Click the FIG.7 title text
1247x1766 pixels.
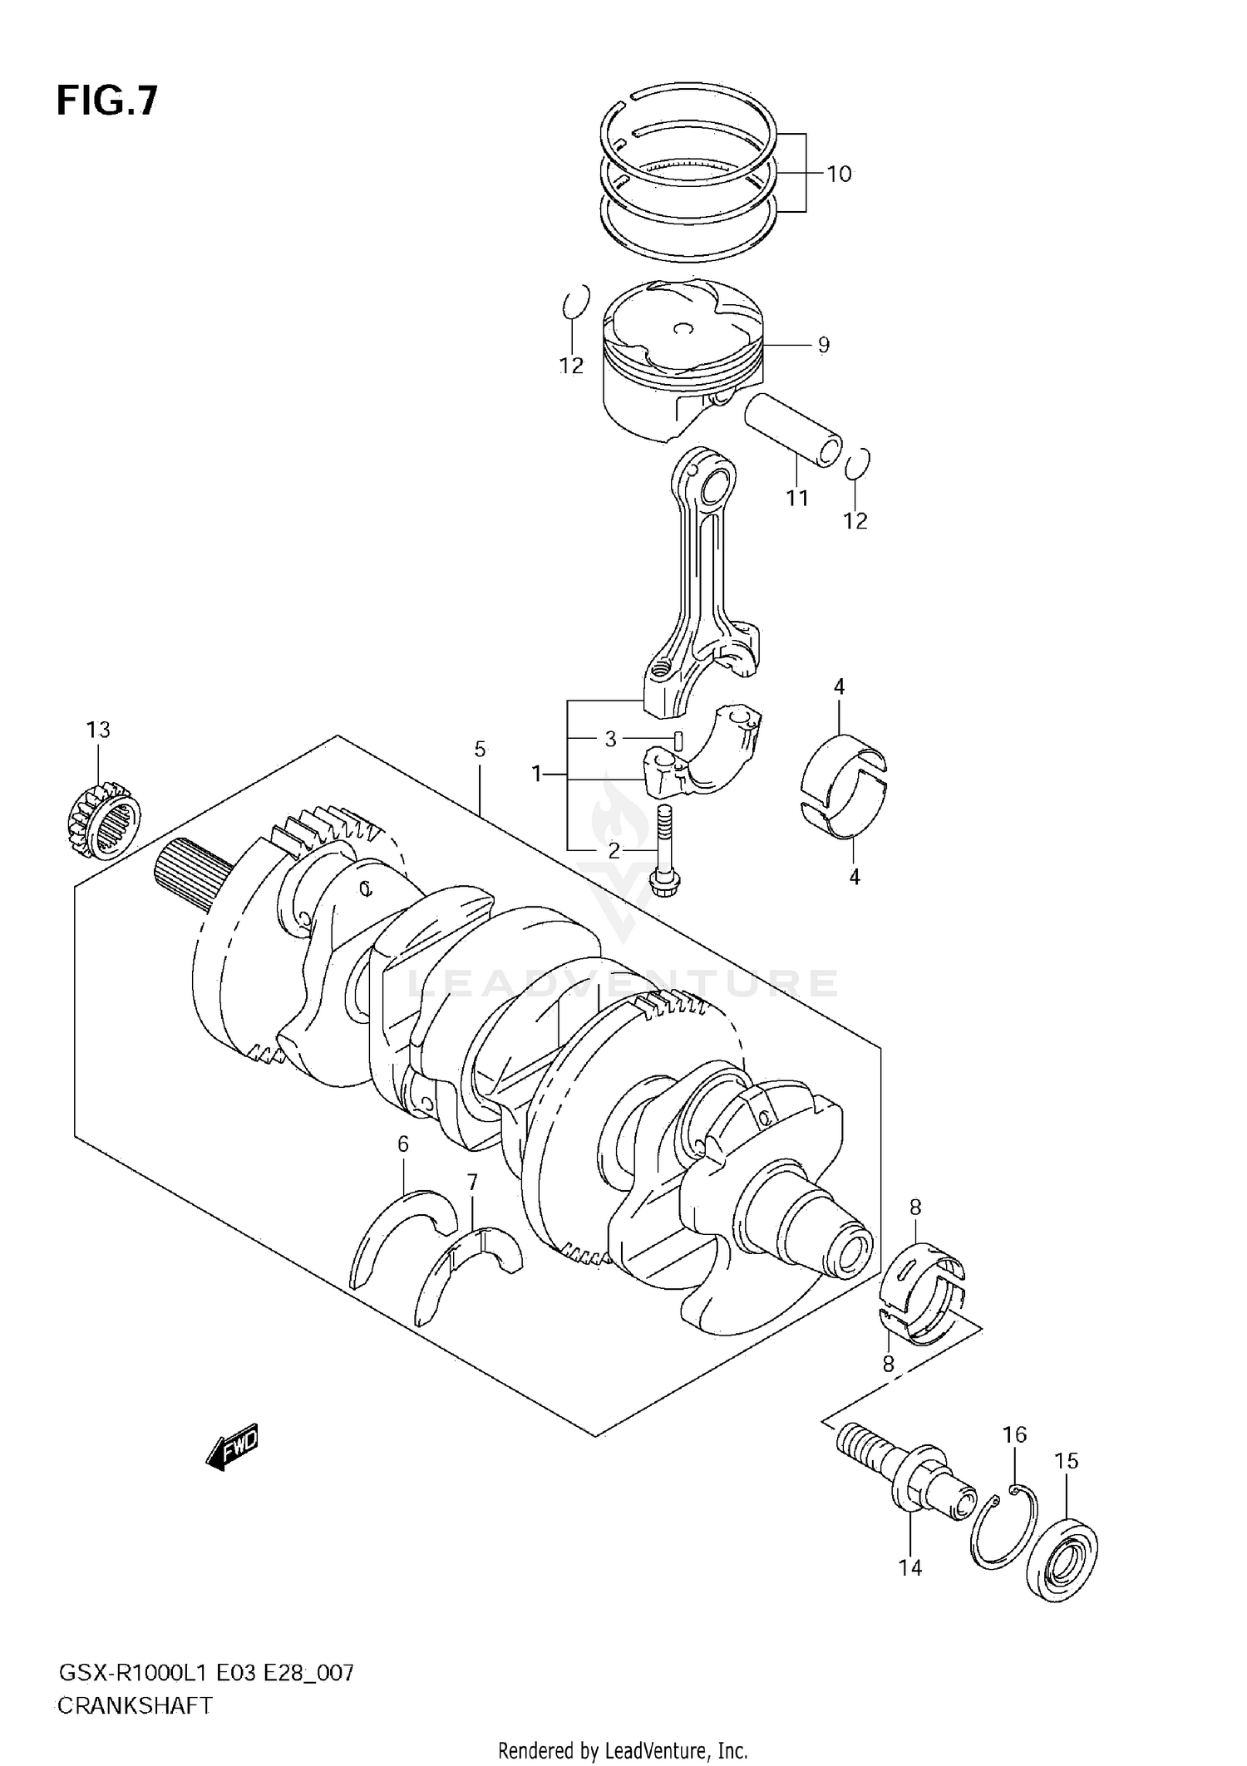106,101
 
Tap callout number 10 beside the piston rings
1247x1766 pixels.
839,174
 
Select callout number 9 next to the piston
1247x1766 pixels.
823,344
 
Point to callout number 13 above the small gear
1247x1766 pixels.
98,730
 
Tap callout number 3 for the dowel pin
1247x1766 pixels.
610,739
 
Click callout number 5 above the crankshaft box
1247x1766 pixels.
480,749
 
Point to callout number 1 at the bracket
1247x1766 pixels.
537,775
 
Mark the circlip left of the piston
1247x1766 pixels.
575,302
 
